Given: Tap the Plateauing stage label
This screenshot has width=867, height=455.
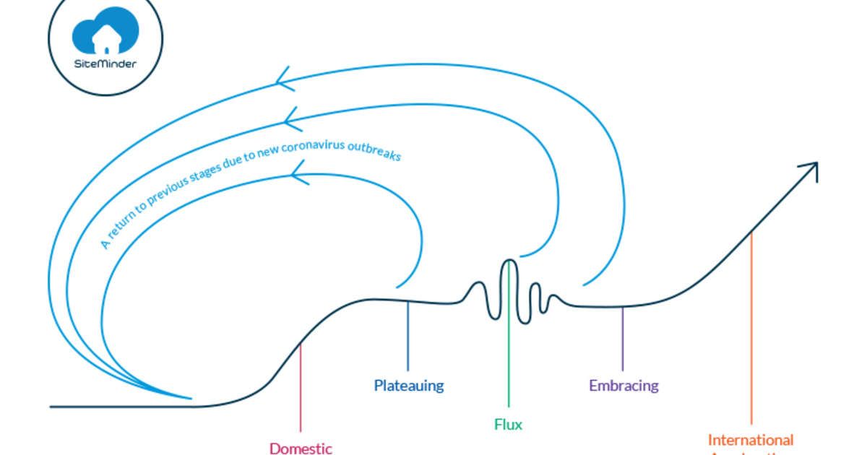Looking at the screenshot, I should [409, 386].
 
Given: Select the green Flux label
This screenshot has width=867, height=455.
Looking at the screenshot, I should [508, 424].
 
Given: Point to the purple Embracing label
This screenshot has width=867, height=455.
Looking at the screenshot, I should [624, 386].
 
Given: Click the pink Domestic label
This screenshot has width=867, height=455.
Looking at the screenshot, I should [301, 448].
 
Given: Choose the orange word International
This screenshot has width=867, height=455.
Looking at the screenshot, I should [750, 440].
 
